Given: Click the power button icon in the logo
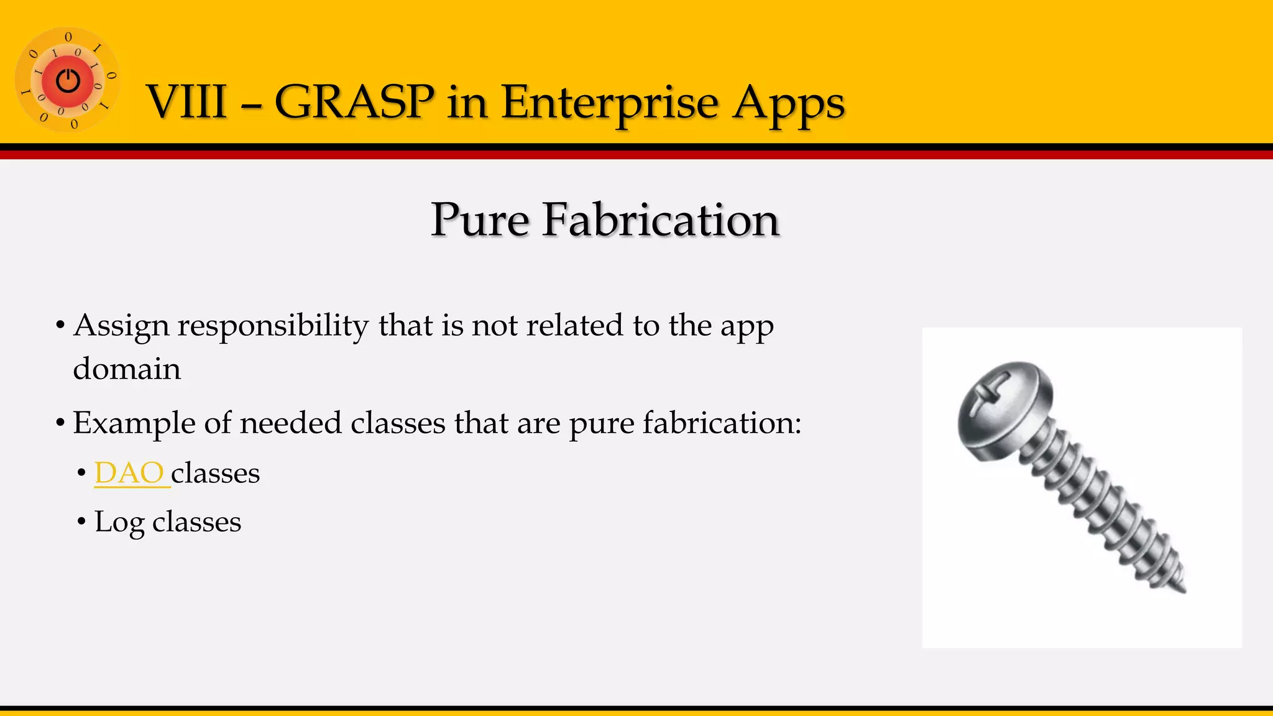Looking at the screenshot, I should coord(68,81).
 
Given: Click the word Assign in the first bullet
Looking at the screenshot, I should coord(121,326).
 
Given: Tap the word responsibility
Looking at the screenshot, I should coord(273,326).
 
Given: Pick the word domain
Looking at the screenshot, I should coord(127,369).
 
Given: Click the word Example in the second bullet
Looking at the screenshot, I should coord(134,423).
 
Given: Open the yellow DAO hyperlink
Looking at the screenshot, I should coord(129,473).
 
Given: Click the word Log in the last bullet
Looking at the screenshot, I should coord(119,522).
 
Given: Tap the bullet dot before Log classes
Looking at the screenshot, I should coord(81,521).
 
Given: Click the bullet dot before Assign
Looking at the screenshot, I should coord(60,325).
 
